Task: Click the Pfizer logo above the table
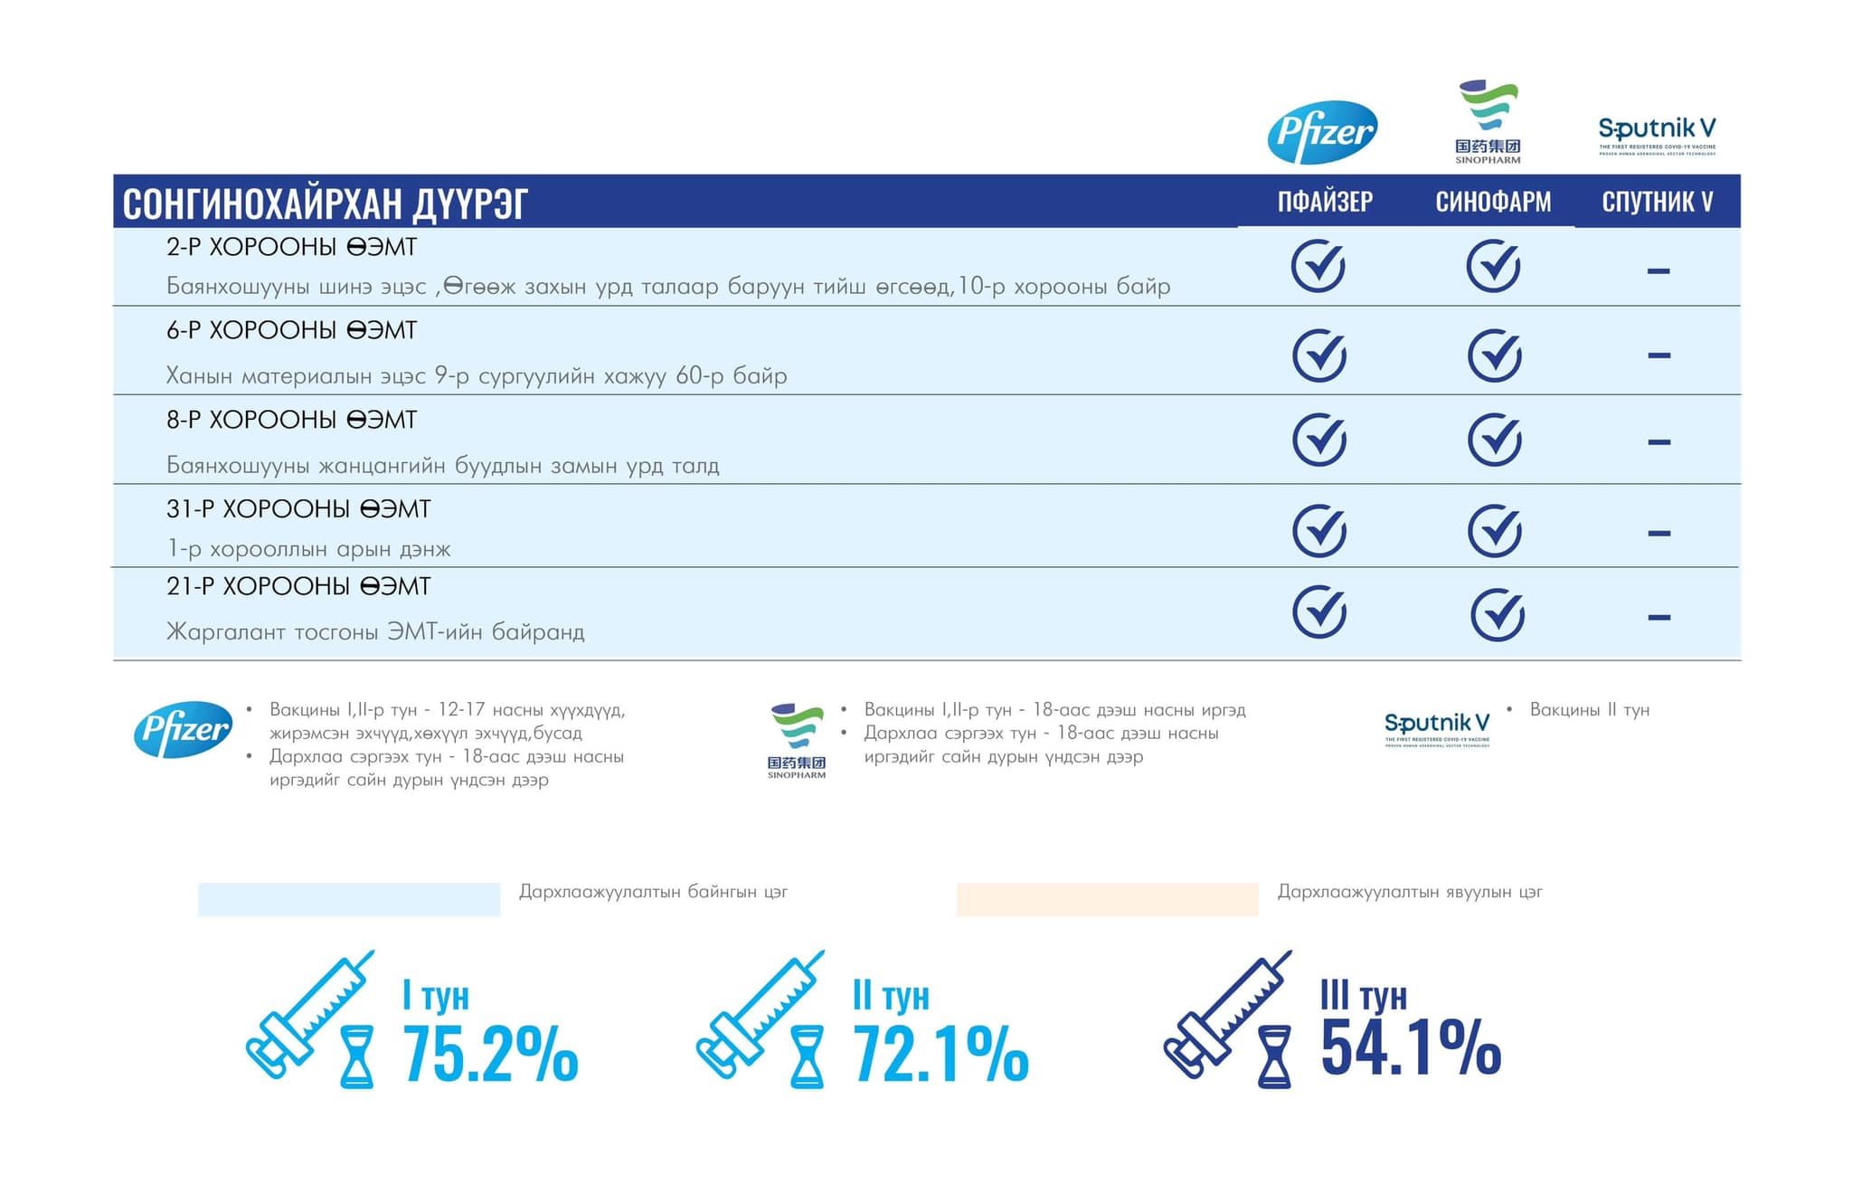pyautogui.click(x=1322, y=132)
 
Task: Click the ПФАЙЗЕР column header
pyautogui.click(x=1325, y=201)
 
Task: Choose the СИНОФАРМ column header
pyautogui.click(x=1493, y=201)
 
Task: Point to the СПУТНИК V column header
pyautogui.click(x=1658, y=201)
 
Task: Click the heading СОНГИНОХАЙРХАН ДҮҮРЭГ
pyautogui.click(x=325, y=203)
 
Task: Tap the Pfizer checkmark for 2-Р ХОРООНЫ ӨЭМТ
pyautogui.click(x=1318, y=266)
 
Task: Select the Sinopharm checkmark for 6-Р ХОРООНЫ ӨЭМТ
pyautogui.click(x=1494, y=355)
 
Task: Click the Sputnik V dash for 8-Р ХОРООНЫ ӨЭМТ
pyautogui.click(x=1658, y=442)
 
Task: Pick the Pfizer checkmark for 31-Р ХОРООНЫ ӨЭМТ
pyautogui.click(x=1319, y=531)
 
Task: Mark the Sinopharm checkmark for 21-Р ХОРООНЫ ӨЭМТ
pyautogui.click(x=1498, y=615)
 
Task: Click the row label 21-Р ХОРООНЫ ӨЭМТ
pyautogui.click(x=298, y=586)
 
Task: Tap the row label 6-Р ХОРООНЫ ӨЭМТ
pyautogui.click(x=291, y=330)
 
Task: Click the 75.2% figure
pyautogui.click(x=489, y=1054)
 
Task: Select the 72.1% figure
pyautogui.click(x=940, y=1054)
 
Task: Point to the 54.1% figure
pyautogui.click(x=1411, y=1047)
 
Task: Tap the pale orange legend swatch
pyautogui.click(x=1107, y=899)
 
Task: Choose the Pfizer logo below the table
pyautogui.click(x=183, y=729)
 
